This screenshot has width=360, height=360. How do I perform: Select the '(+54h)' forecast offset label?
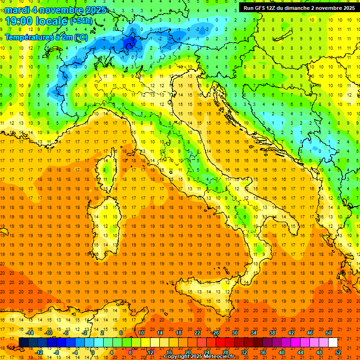pyautogui.click(x=81, y=21)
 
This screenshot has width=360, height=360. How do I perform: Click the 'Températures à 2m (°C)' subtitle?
pyautogui.click(x=46, y=37)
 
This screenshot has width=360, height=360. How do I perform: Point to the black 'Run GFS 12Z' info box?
pyautogui.click(x=299, y=7)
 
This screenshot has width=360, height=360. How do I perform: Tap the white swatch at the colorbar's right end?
pyautogui.click(x=333, y=342)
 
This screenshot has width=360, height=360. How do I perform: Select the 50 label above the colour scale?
pyautogui.click(x=328, y=333)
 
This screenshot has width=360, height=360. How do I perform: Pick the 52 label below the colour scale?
pyautogui.click(x=338, y=352)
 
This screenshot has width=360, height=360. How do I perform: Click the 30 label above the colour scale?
pyautogui.click(x=234, y=333)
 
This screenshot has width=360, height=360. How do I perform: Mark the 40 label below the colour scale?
pyautogui.click(x=282, y=352)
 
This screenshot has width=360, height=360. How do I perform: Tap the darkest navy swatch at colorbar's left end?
pyautogui.click(x=23, y=342)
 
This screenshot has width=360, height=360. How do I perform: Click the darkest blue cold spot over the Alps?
pyautogui.click(x=130, y=43)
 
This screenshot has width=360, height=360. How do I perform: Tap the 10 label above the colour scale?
pyautogui.click(x=141, y=333)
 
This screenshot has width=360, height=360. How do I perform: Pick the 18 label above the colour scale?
pyautogui.click(x=179, y=333)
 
